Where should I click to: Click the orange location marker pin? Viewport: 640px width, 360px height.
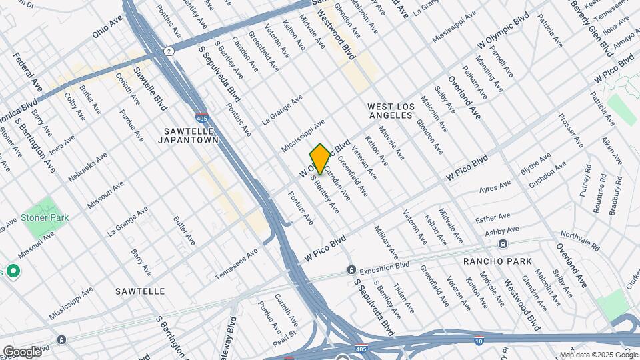point(320,159)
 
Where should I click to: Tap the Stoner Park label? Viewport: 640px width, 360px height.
point(45,218)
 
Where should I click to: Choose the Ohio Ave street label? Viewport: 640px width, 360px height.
point(108,28)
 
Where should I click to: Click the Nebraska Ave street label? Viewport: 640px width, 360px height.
point(87,169)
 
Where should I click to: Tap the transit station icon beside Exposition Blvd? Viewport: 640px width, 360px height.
point(350,270)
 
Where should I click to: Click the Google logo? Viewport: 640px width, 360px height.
point(21,351)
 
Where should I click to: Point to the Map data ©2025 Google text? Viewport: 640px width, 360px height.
point(598,355)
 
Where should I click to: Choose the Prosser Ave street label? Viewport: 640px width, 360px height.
point(571,132)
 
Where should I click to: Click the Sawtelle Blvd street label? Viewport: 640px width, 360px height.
point(149,89)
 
